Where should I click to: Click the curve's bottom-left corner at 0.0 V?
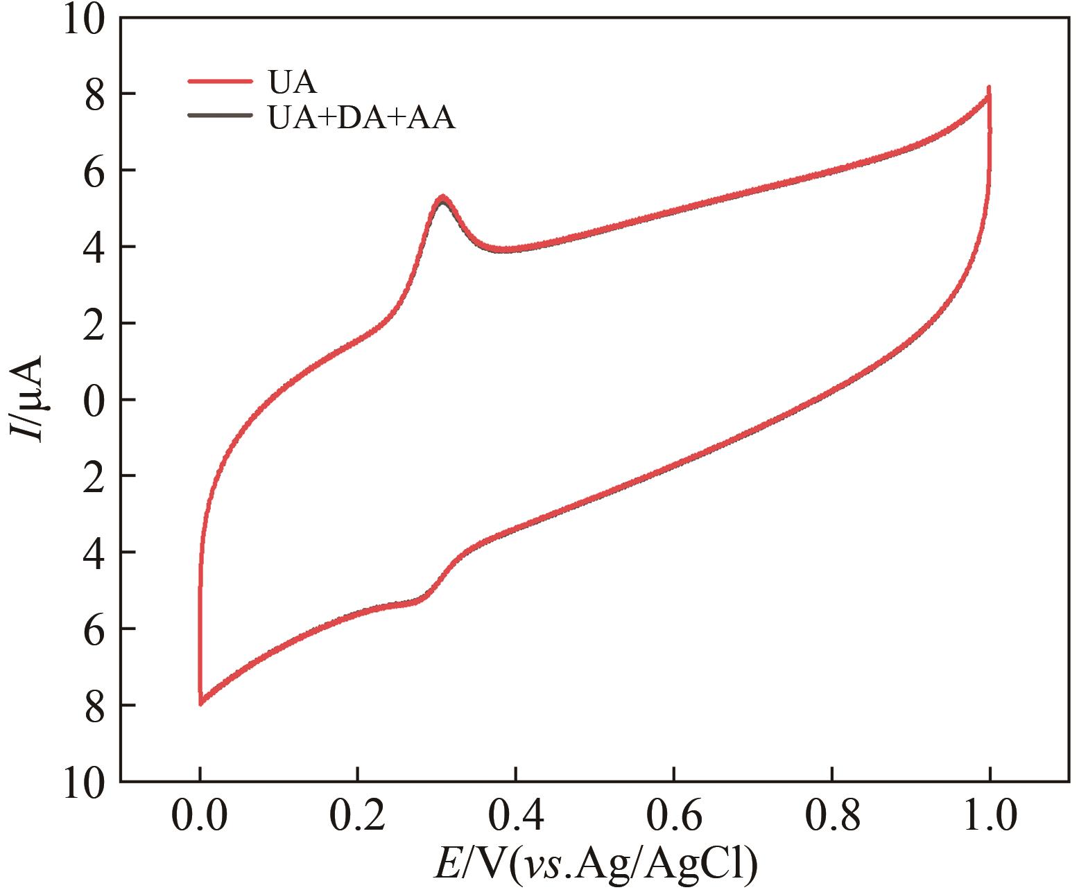tap(200, 703)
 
